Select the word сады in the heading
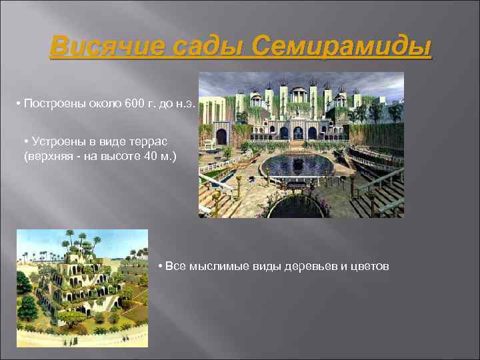click(x=197, y=48)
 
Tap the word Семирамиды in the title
click(x=342, y=48)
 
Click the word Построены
click(x=51, y=105)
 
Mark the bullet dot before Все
click(x=161, y=267)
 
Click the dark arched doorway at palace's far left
click(x=221, y=136)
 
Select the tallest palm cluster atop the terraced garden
click(x=69, y=237)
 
